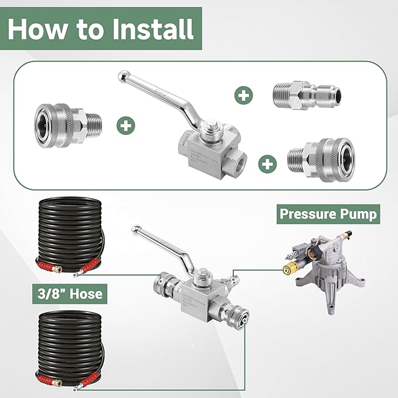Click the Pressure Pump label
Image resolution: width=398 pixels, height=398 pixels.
(x=328, y=213)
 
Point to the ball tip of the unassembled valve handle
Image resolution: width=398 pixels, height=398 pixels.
(x=124, y=76)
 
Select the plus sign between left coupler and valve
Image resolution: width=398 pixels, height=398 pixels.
(x=125, y=124)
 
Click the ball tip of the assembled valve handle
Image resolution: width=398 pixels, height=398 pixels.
(x=135, y=228)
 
